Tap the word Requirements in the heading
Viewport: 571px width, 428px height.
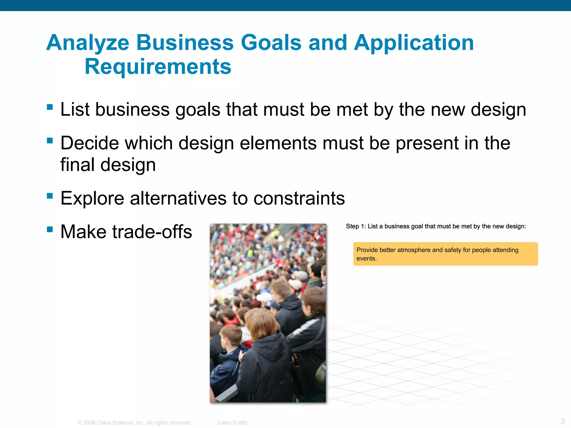(x=158, y=67)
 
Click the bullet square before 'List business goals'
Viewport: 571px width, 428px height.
(x=50, y=107)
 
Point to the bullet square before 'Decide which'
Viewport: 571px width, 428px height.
(x=50, y=140)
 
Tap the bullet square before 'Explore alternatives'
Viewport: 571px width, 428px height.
(x=50, y=196)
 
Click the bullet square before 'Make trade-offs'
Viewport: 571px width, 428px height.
(x=50, y=229)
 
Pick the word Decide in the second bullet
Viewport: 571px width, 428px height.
(x=89, y=143)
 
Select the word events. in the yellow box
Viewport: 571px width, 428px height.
(x=366, y=259)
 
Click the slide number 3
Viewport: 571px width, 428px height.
(x=562, y=421)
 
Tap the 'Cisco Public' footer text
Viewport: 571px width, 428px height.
(x=233, y=423)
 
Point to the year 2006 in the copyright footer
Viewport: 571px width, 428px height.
(x=89, y=423)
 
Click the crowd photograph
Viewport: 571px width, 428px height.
(x=268, y=313)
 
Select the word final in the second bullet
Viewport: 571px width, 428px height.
(x=77, y=165)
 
